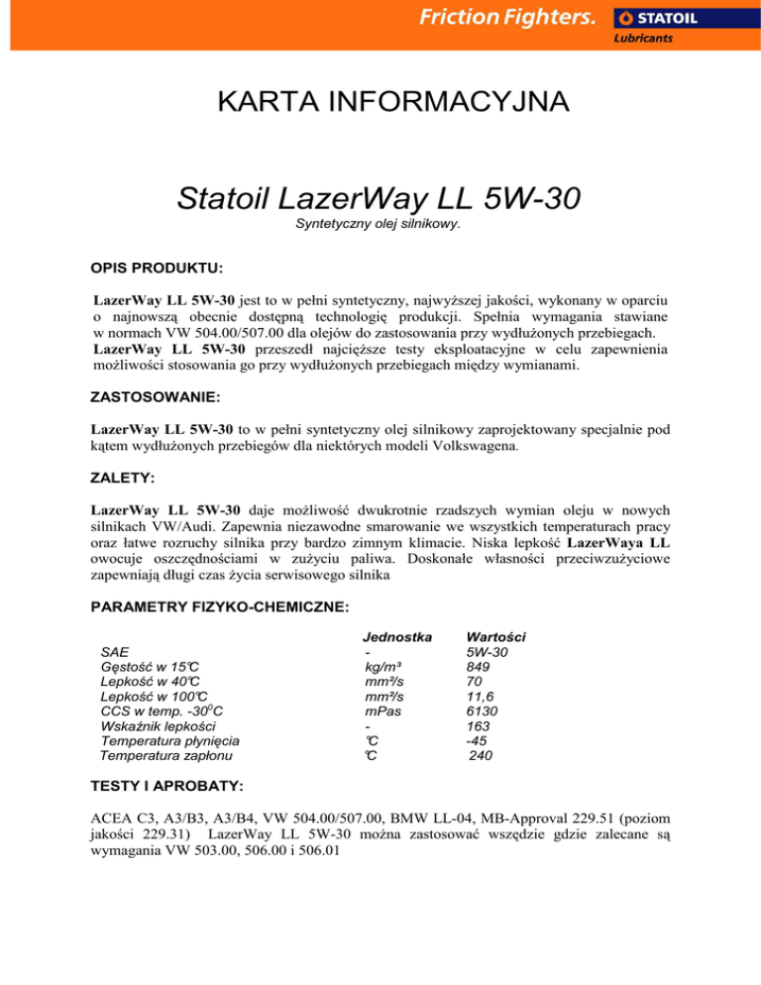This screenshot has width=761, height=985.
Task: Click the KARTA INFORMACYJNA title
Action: pyautogui.click(x=380, y=102)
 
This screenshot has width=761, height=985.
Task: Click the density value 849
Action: pyautogui.click(x=479, y=667)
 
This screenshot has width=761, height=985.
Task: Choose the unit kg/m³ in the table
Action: pyautogui.click(x=382, y=667)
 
